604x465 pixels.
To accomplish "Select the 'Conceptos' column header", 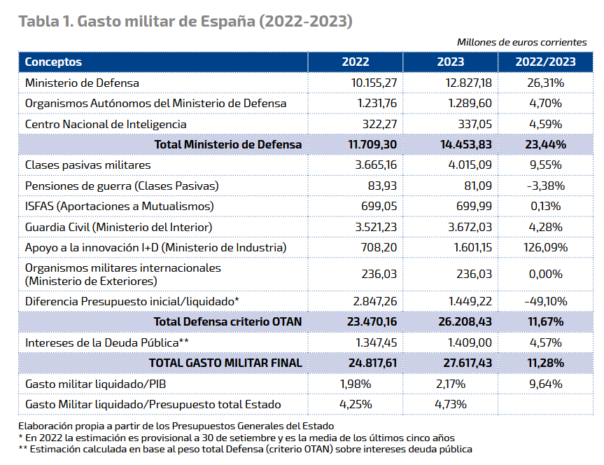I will point(53,62).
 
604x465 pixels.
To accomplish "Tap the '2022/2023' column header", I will point(545,62).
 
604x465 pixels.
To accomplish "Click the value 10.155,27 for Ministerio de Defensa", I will point(374,83).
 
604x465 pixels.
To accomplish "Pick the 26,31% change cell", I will point(545,83).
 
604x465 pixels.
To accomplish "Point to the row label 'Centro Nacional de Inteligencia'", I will point(106,124).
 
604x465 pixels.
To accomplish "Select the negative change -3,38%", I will point(545,186).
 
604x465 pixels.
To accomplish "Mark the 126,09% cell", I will point(545,247).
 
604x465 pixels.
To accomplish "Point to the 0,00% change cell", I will point(545,274).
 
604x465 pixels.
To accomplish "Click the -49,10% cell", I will point(545,301).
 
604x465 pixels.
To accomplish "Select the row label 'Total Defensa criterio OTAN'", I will point(228,322).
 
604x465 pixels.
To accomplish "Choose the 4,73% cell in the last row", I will point(451,404).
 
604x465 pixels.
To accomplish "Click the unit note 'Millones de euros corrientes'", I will point(521,42).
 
